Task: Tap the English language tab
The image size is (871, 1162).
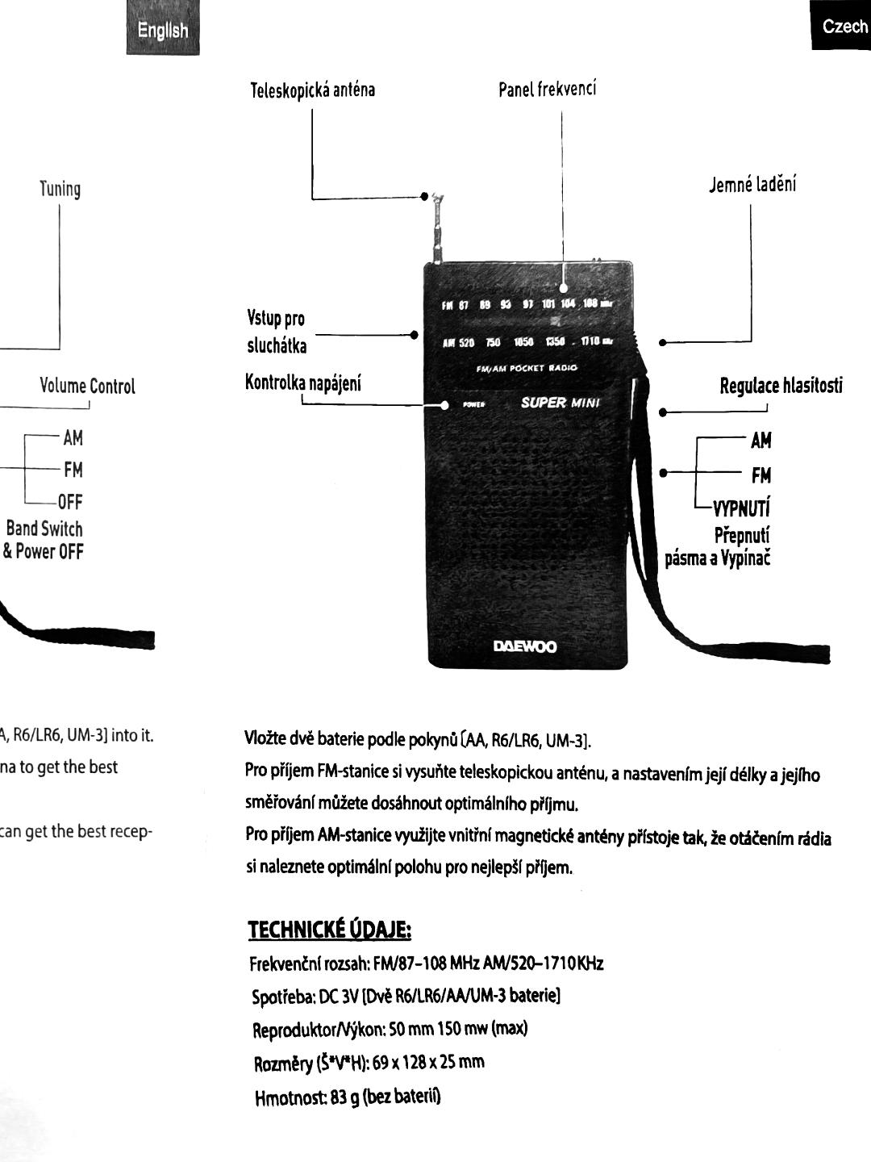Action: tap(162, 31)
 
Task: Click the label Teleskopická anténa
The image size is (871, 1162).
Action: tap(312, 90)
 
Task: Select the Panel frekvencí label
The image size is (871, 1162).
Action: tap(547, 89)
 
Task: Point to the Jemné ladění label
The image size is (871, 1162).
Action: tap(752, 185)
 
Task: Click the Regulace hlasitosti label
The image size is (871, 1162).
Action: tap(781, 386)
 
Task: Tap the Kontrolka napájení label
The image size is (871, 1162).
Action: tap(302, 382)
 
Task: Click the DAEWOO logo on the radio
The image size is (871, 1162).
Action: tap(525, 646)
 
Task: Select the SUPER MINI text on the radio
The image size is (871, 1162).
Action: tap(561, 403)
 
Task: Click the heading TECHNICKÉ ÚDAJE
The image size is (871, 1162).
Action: tap(329, 930)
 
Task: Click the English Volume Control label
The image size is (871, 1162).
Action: tap(87, 387)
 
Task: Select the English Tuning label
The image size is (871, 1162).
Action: tap(60, 190)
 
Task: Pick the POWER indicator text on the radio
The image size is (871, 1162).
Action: tap(473, 404)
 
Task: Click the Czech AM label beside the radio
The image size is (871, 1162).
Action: tap(761, 441)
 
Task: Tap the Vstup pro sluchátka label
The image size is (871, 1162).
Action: tap(277, 332)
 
